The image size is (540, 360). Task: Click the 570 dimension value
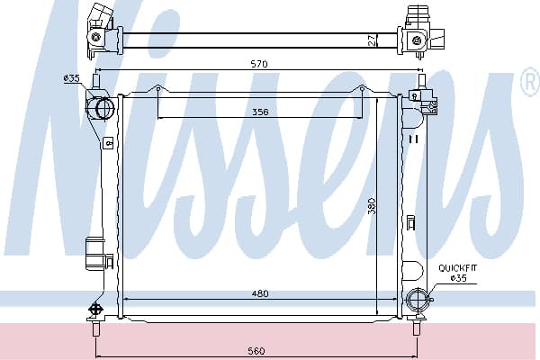[259, 64]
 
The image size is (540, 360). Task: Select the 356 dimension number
[260, 112]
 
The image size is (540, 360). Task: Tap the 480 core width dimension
[260, 293]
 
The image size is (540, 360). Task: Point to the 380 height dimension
[371, 206]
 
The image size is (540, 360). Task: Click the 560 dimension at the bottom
[256, 351]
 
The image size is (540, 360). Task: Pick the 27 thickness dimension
[371, 40]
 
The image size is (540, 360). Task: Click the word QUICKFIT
[458, 268]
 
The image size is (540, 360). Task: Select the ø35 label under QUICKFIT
[459, 278]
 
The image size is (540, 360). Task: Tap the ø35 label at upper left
[72, 78]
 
